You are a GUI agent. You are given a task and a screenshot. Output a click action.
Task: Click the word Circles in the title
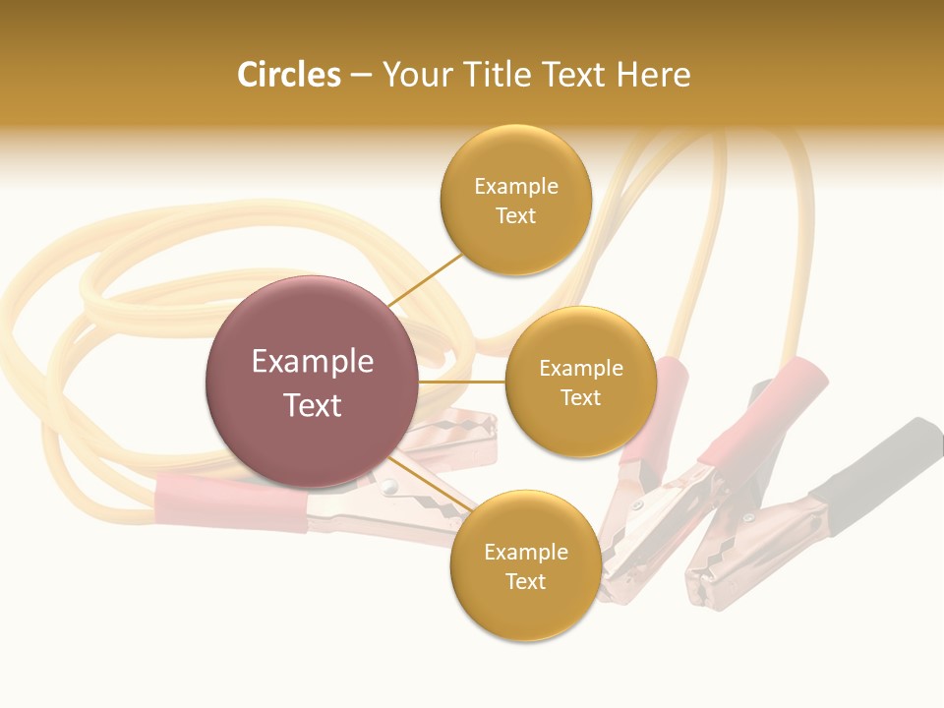pyautogui.click(x=289, y=75)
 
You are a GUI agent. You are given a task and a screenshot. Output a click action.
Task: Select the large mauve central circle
pyautogui.click(x=312, y=382)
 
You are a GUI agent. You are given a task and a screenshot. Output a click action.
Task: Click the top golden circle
pyautogui.click(x=515, y=201)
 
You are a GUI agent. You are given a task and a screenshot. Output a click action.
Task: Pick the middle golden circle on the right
pyautogui.click(x=580, y=382)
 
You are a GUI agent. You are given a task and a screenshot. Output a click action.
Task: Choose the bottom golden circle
pyautogui.click(x=525, y=566)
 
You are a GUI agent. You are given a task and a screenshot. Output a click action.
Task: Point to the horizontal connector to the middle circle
pyautogui.click(x=462, y=382)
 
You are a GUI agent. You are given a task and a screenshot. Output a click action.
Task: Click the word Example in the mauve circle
pyautogui.click(x=312, y=362)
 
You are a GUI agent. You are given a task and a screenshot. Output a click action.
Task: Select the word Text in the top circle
pyautogui.click(x=515, y=216)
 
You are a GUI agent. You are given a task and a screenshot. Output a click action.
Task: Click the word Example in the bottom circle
pyautogui.click(x=525, y=552)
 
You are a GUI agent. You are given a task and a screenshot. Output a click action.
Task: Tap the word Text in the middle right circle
pyautogui.click(x=580, y=398)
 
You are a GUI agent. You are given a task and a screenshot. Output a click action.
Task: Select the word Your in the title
pyautogui.click(x=412, y=75)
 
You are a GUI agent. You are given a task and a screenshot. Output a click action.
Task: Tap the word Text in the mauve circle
pyautogui.click(x=312, y=405)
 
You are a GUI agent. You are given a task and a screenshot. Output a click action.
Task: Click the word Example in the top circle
pyautogui.click(x=515, y=186)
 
